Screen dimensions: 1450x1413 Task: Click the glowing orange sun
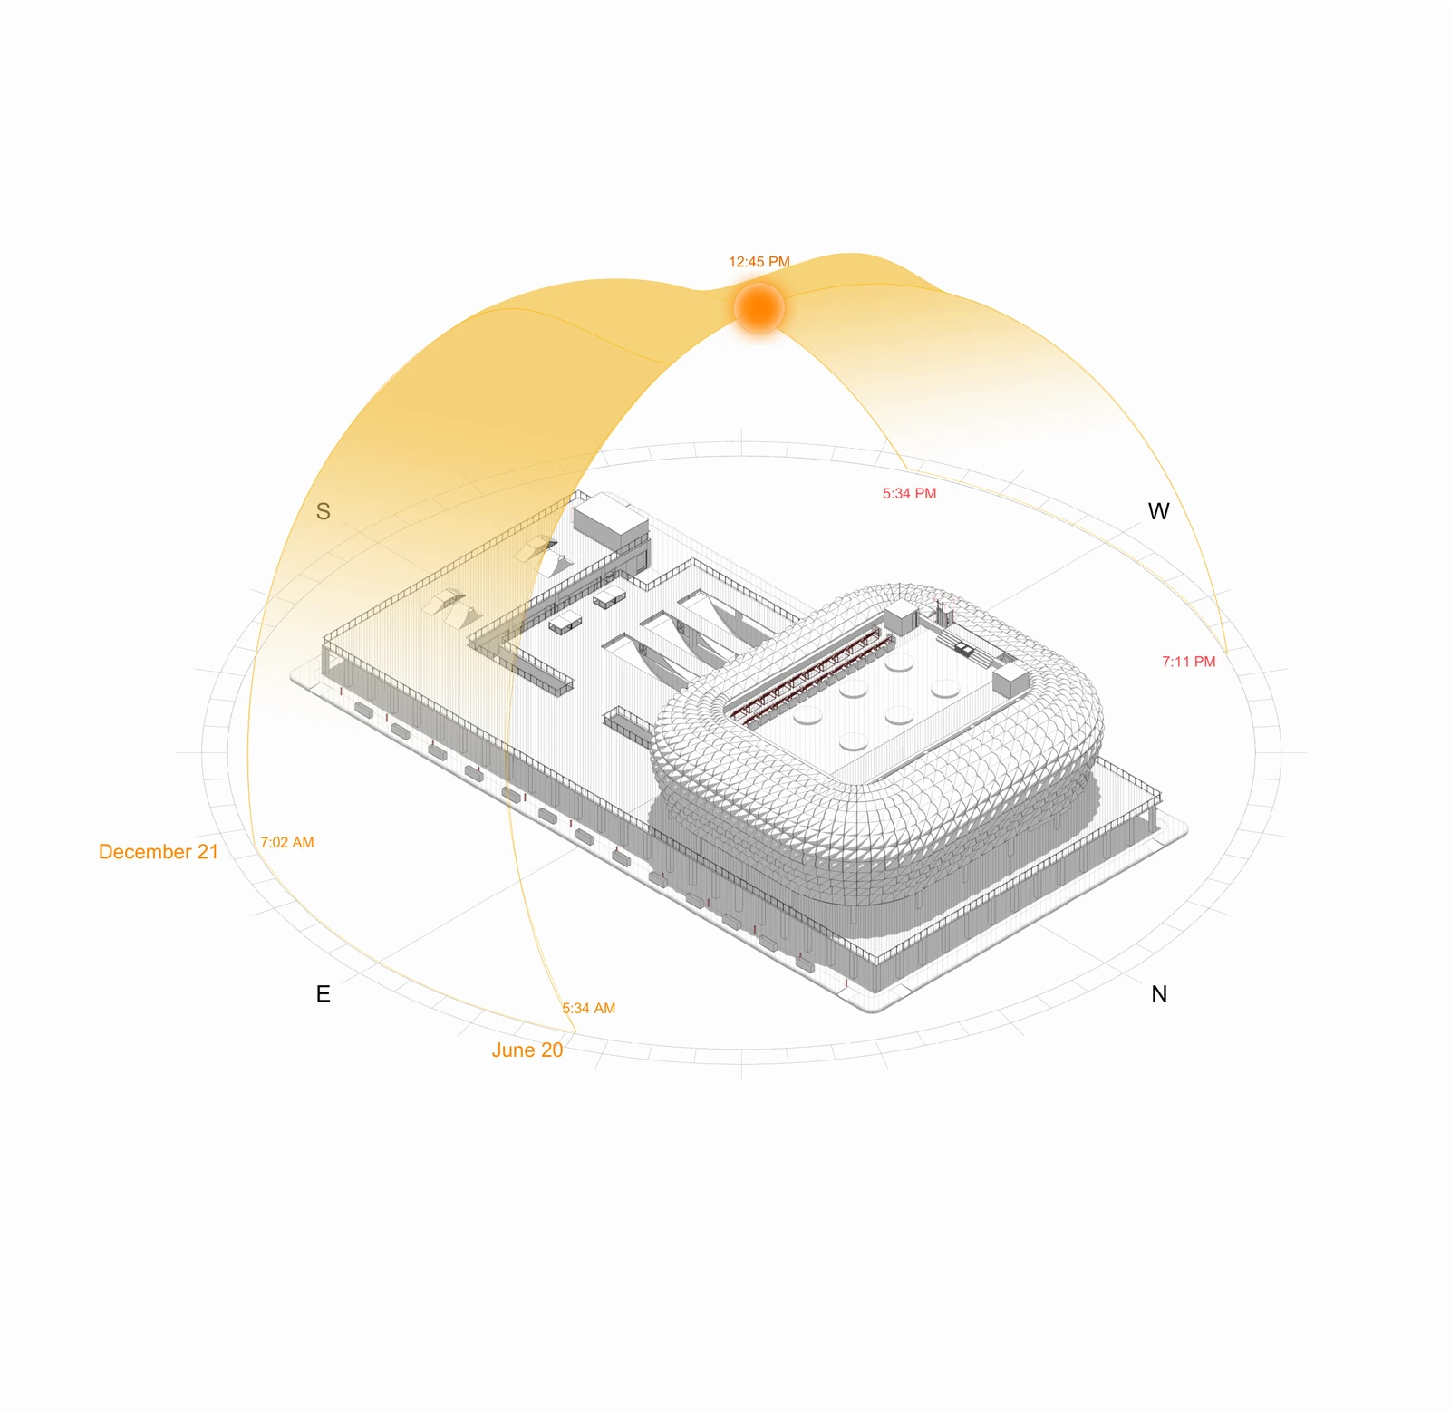(x=759, y=308)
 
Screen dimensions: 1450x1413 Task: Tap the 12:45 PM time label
(x=759, y=262)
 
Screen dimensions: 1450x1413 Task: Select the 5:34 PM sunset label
(x=910, y=494)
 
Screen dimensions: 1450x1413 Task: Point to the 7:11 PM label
(x=1189, y=662)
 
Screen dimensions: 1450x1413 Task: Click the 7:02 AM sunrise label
(x=287, y=842)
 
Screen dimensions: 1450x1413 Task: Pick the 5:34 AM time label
(x=588, y=1008)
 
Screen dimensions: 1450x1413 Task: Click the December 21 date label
(x=159, y=852)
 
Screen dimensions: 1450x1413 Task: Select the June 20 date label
(x=527, y=1050)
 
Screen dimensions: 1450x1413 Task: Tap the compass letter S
(x=323, y=512)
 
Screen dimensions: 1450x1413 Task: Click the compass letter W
(x=1158, y=512)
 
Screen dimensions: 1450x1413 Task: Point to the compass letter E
(x=323, y=994)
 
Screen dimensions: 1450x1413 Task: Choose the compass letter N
(x=1159, y=994)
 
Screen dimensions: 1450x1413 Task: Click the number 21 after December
(x=208, y=852)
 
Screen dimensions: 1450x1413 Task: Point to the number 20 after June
(x=553, y=1050)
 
